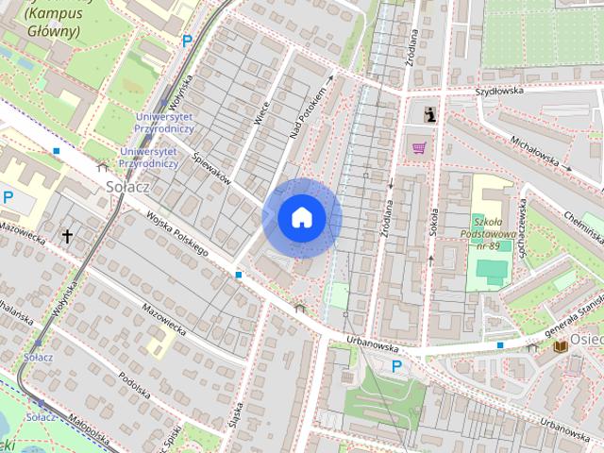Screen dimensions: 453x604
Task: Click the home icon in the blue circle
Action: pos(301,218)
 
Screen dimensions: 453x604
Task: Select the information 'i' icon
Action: pos(430,114)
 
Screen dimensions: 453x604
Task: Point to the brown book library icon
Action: pos(560,347)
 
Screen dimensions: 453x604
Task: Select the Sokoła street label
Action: pos(435,221)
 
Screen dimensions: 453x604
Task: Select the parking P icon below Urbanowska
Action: pos(396,366)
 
